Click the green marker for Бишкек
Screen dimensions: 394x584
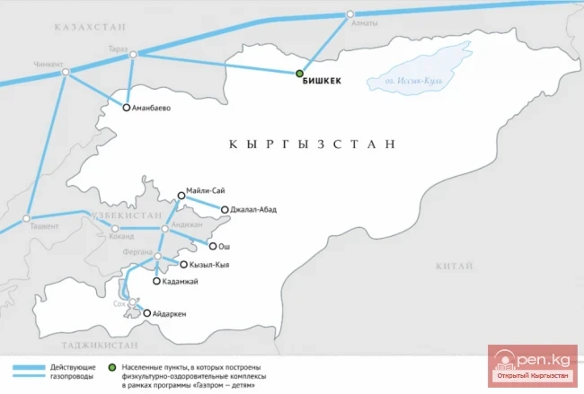[300, 74]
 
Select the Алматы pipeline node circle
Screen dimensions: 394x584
[350, 15]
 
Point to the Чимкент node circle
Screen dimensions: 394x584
[66, 73]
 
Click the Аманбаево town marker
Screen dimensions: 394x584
[128, 108]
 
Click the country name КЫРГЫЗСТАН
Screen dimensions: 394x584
[312, 144]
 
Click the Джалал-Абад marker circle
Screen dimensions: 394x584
[224, 210]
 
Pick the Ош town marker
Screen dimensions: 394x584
[212, 245]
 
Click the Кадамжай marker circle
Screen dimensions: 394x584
[157, 282]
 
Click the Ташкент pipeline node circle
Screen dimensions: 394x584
[28, 218]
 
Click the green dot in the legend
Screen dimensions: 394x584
[111, 367]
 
